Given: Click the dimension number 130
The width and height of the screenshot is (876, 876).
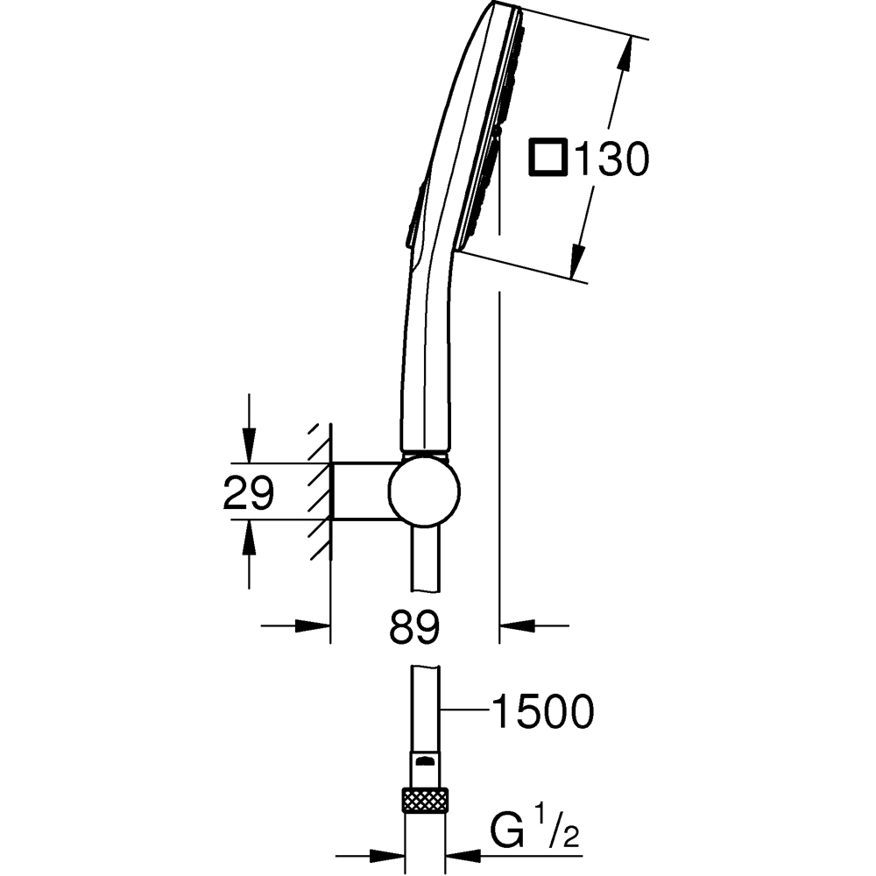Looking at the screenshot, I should (x=609, y=159).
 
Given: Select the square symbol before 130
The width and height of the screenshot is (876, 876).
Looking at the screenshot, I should (x=548, y=159).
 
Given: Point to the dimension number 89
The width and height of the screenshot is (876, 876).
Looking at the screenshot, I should (x=413, y=626).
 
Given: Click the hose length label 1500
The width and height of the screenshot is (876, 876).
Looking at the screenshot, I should (x=542, y=711).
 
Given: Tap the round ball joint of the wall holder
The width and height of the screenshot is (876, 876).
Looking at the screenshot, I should (x=425, y=491).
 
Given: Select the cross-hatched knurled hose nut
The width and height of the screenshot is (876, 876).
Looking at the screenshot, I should (x=425, y=801).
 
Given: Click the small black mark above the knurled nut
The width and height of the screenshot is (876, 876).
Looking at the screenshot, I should (x=425, y=760).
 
